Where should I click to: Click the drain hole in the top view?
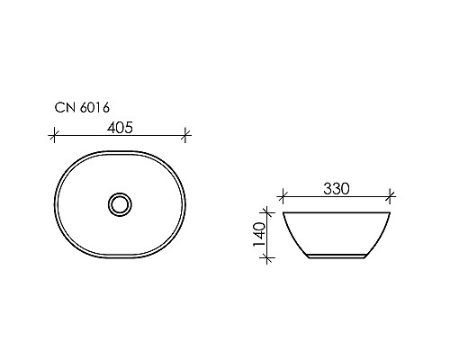[119, 203]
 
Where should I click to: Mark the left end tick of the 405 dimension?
[54, 135]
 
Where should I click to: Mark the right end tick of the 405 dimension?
[185, 135]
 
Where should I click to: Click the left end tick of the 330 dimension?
[283, 194]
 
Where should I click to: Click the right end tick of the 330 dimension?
[391, 194]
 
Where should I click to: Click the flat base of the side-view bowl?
[337, 259]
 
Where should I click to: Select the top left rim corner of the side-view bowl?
[284, 214]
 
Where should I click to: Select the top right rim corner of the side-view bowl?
[391, 214]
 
